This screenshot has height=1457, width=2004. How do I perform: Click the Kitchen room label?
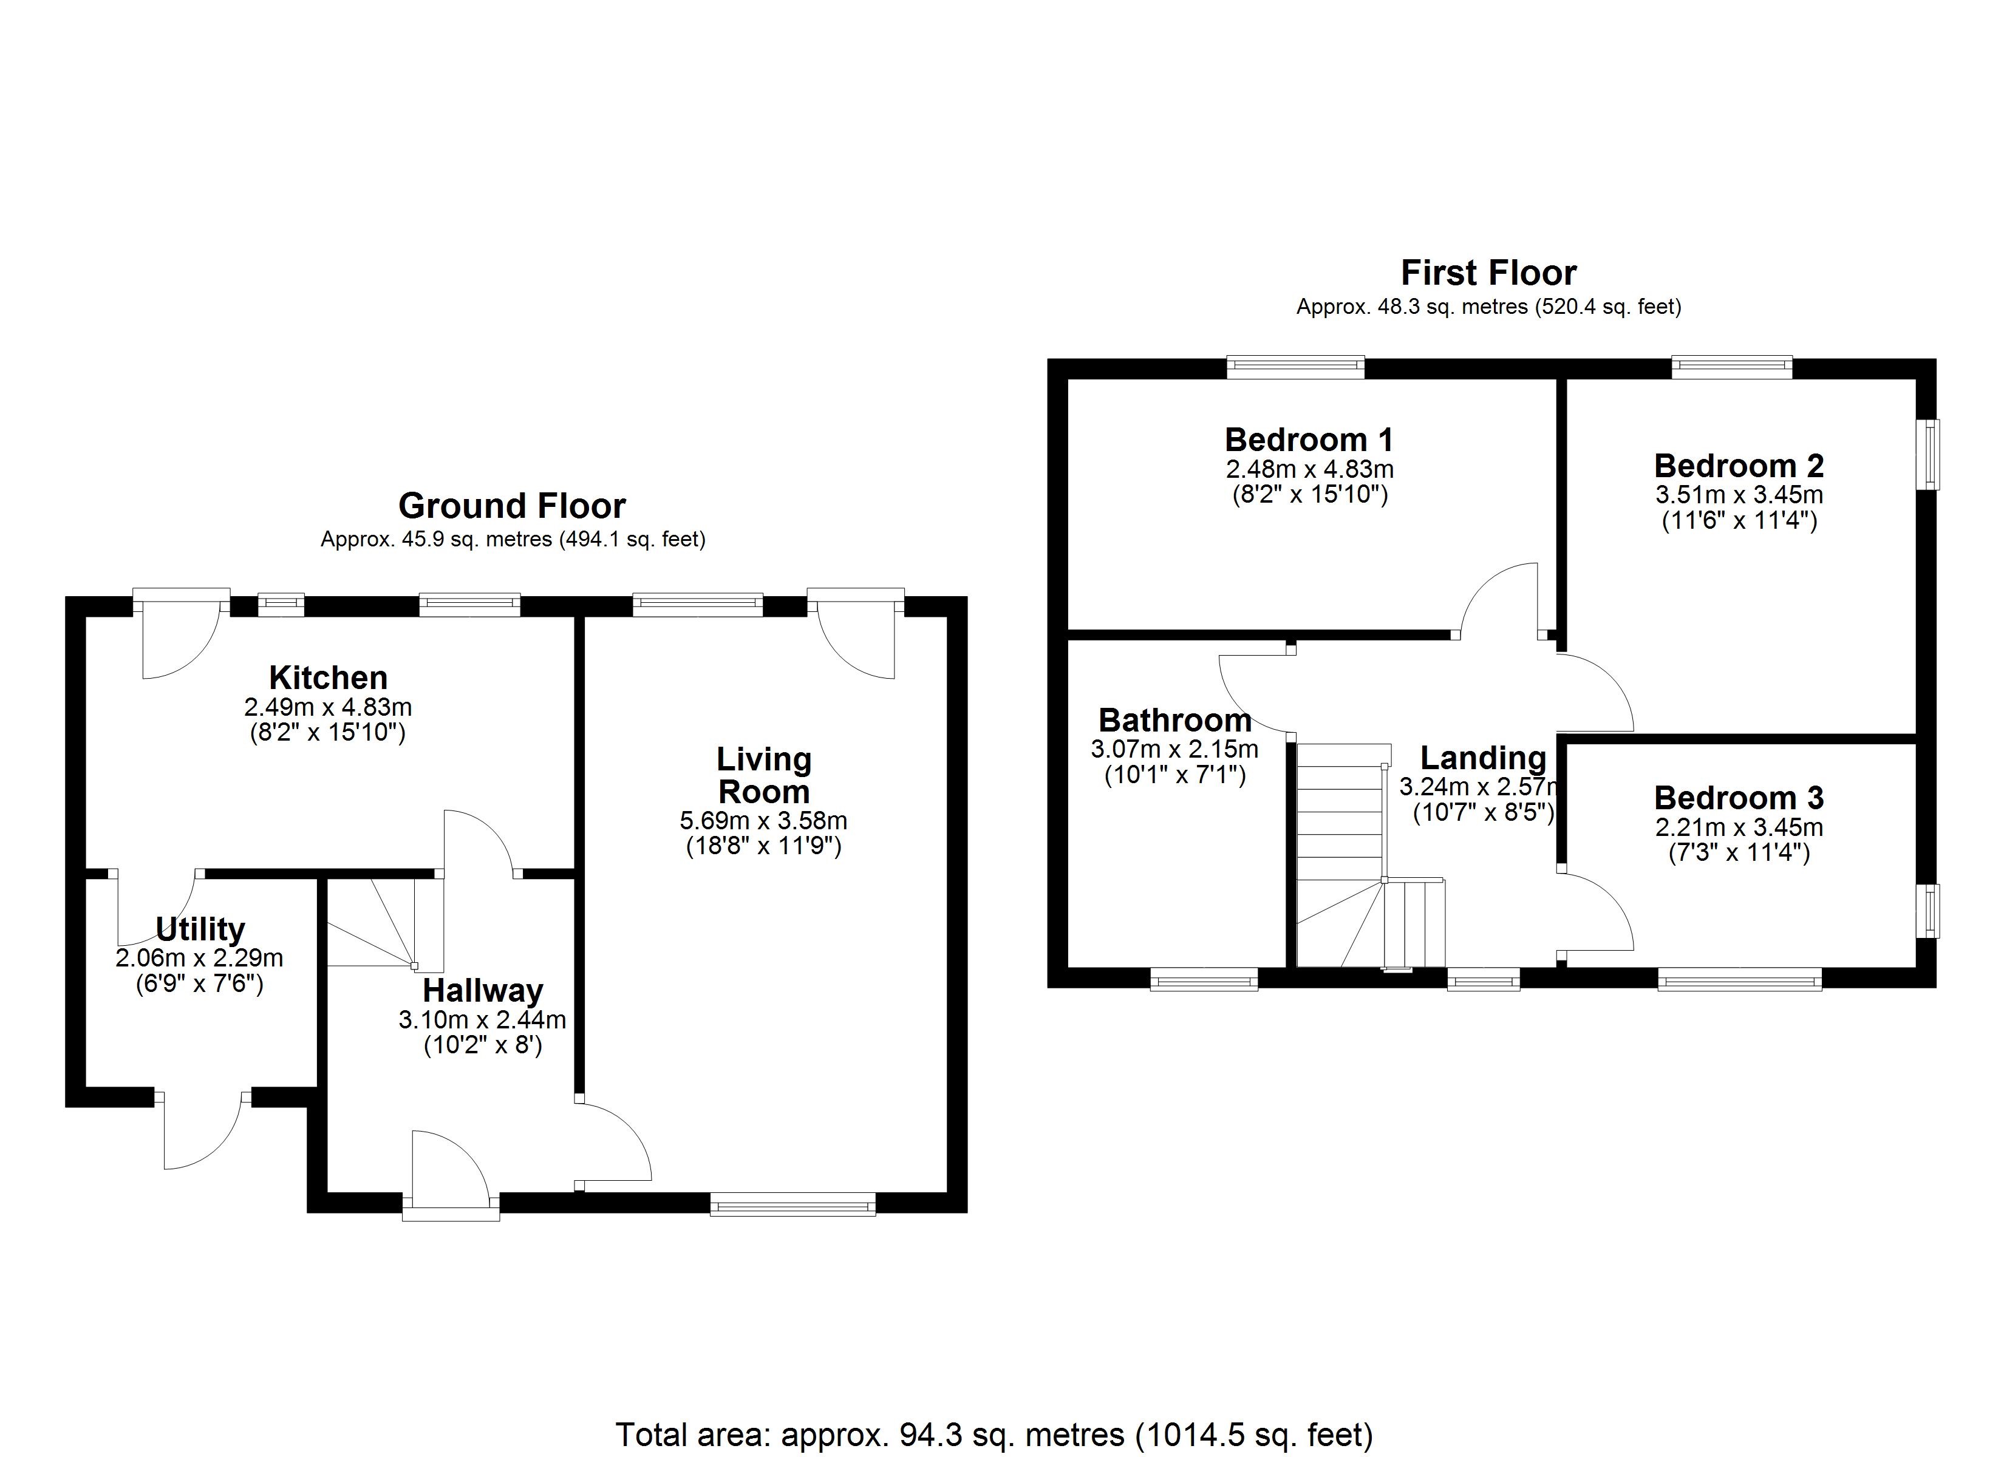(x=328, y=678)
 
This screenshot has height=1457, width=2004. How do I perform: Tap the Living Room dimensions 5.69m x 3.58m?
(x=763, y=820)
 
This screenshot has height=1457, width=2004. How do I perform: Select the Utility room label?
(x=200, y=929)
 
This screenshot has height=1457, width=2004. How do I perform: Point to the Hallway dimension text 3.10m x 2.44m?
(x=482, y=1020)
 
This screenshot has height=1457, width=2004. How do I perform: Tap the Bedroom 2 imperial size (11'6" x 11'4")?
(x=1738, y=520)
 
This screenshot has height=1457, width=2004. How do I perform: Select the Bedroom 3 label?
(x=1738, y=798)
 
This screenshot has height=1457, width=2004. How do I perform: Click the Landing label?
(x=1483, y=758)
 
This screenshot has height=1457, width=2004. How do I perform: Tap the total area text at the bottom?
(x=994, y=1433)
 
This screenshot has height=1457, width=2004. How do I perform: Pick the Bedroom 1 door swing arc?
(x=1498, y=601)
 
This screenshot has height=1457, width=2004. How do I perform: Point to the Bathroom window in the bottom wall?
(x=1204, y=979)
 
